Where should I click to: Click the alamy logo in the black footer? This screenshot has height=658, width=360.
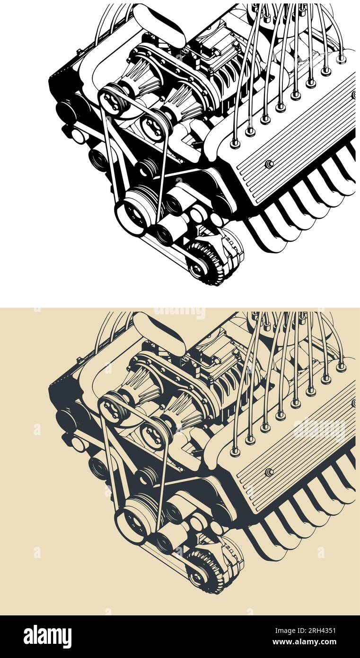coord(48,636)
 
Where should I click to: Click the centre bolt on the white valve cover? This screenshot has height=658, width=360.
coord(269,164)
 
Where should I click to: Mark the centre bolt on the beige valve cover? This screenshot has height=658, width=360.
coord(269,471)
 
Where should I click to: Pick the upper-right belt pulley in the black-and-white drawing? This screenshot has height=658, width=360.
coord(154,126)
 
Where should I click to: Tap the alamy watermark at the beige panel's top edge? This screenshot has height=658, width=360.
coord(179,312)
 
